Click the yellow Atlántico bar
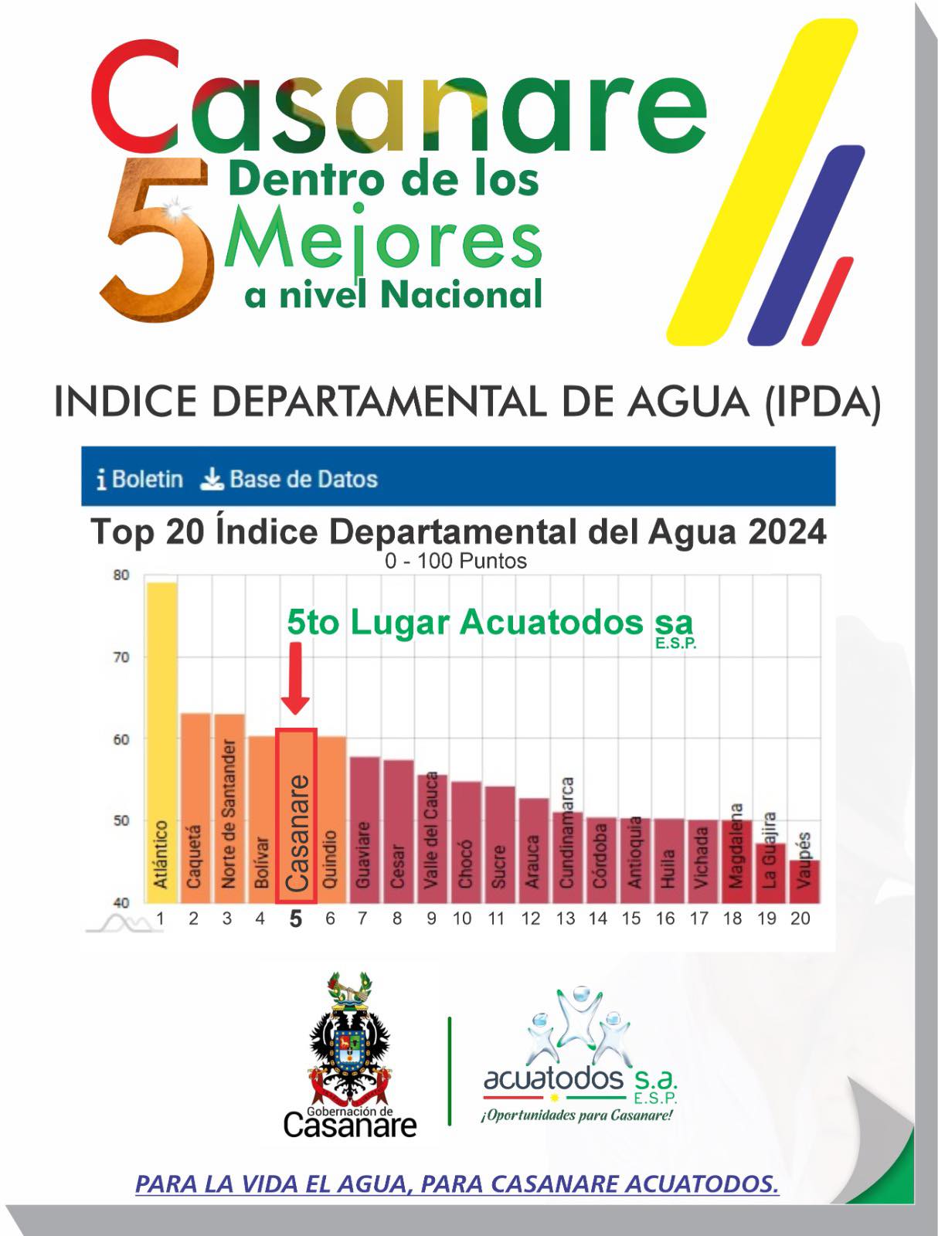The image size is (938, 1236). (161, 742)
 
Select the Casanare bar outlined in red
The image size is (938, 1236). (296, 815)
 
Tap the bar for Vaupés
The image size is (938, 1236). (804, 881)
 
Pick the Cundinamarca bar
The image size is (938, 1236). (566, 857)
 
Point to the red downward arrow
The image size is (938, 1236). (295, 677)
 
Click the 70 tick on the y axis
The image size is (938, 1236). (121, 657)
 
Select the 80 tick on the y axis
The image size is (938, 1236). (121, 576)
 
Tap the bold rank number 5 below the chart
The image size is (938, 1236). (295, 919)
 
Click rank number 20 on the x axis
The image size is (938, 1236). (800, 919)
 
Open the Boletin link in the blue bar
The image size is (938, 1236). (140, 479)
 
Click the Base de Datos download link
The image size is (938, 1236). (289, 479)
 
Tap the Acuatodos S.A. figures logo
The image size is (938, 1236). (576, 1027)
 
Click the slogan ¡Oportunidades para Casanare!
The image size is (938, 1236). (576, 1115)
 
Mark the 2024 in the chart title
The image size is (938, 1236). (788, 532)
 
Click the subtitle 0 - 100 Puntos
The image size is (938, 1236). (456, 561)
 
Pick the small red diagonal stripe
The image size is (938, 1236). (828, 301)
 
